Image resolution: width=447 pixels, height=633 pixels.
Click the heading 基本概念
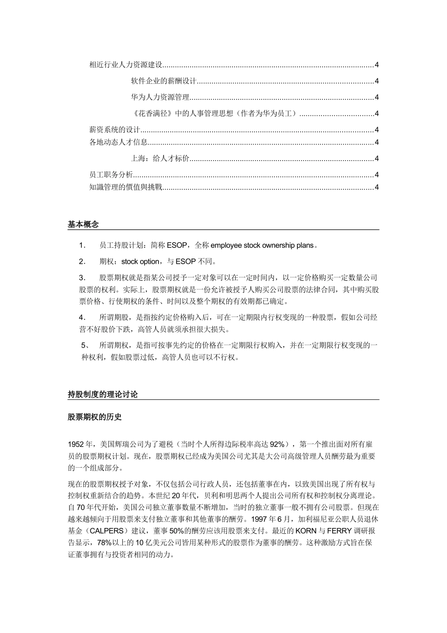tap(83, 225)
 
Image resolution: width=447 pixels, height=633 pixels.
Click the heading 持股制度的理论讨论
tap(103, 395)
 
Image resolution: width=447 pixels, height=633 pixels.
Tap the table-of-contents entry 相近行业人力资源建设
tap(125, 65)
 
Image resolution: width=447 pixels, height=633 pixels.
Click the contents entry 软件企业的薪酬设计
tap(163, 81)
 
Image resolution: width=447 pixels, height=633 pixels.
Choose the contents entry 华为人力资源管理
tap(160, 97)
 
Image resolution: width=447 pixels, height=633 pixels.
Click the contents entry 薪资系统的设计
tap(114, 130)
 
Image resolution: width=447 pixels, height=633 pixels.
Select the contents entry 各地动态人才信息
tap(118, 142)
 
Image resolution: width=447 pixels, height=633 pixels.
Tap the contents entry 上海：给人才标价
tap(160, 159)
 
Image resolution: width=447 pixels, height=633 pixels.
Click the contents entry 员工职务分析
tap(111, 175)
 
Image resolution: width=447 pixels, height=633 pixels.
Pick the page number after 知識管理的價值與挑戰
tap(376, 187)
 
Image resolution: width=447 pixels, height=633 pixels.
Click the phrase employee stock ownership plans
tap(262, 245)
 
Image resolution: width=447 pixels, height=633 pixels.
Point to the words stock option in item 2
tap(140, 261)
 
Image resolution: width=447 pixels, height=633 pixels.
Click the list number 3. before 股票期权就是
tap(82, 277)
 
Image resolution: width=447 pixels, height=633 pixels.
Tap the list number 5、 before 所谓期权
tap(85, 345)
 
